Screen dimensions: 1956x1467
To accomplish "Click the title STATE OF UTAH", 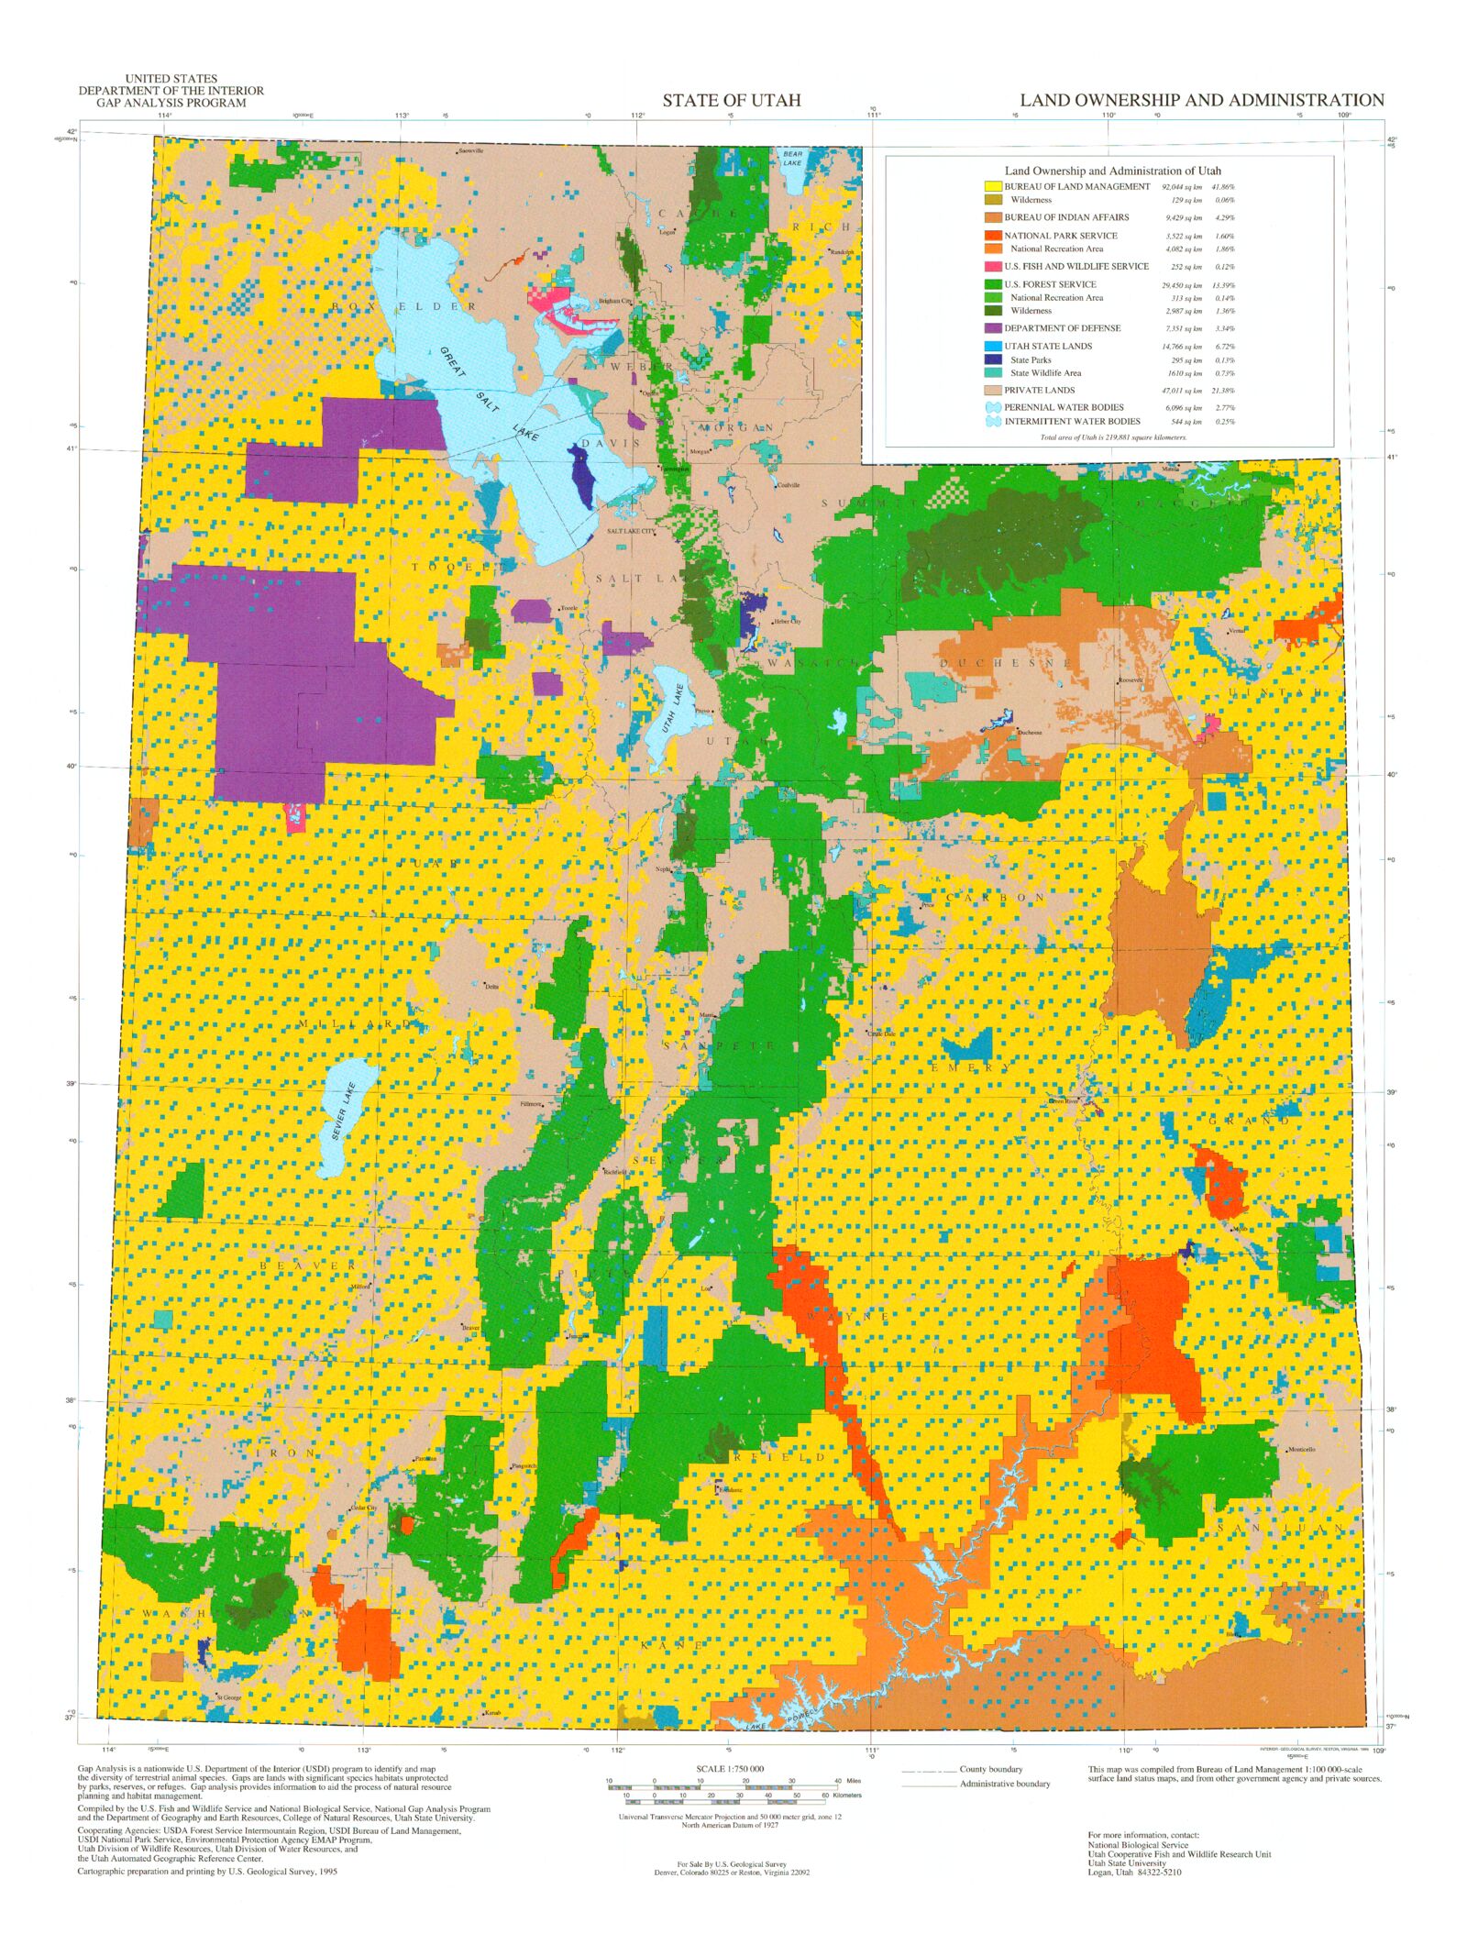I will click(731, 100).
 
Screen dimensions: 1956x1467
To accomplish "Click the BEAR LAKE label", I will click(791, 159).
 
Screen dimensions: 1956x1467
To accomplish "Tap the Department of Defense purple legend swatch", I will click(992, 328).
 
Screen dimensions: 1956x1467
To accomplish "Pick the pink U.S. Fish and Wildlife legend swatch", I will click(992, 266).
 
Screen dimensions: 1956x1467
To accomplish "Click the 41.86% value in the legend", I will click(1223, 187).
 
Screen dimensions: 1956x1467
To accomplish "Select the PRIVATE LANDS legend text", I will click(1039, 390).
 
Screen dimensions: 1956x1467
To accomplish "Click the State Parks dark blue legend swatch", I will click(992, 359).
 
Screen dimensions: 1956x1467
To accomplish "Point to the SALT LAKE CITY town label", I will click(630, 532).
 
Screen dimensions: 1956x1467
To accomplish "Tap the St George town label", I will click(228, 1697).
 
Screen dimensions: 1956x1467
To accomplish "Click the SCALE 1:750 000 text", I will click(730, 1769).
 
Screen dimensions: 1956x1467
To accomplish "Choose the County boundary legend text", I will click(991, 1769).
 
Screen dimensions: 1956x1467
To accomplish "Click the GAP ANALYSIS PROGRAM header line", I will click(171, 103).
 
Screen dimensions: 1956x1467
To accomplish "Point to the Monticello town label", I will click(1302, 1450).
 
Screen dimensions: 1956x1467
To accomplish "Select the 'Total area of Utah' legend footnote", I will click(1113, 437).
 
